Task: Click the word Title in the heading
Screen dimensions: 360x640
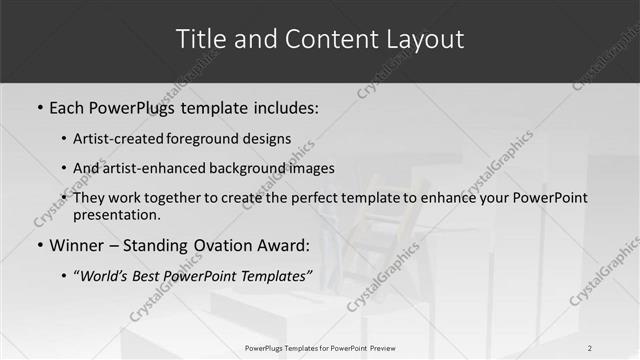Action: (x=200, y=40)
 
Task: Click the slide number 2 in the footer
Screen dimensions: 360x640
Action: (x=590, y=347)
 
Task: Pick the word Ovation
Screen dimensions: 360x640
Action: (x=223, y=245)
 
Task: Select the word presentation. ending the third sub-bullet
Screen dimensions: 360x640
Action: (x=116, y=214)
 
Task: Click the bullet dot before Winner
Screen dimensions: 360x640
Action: (x=40, y=245)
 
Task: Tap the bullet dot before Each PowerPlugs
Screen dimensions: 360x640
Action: (x=40, y=107)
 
